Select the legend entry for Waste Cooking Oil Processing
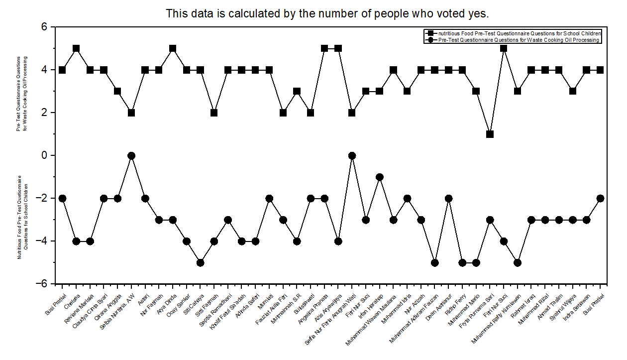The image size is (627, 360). tap(518, 40)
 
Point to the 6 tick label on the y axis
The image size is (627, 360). tap(43, 27)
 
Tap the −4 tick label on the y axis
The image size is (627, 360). tap(41, 241)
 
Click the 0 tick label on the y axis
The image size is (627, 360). tap(43, 155)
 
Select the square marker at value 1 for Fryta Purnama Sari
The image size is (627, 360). tap(490, 134)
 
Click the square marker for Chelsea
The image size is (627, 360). tap(76, 48)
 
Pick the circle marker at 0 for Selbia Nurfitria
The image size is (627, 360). tap(131, 155)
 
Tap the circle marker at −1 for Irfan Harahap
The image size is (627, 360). tap(380, 177)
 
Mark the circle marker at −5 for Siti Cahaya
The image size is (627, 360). tap(200, 262)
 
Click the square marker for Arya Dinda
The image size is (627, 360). tap(173, 48)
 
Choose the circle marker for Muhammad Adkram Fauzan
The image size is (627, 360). tap(434, 262)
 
